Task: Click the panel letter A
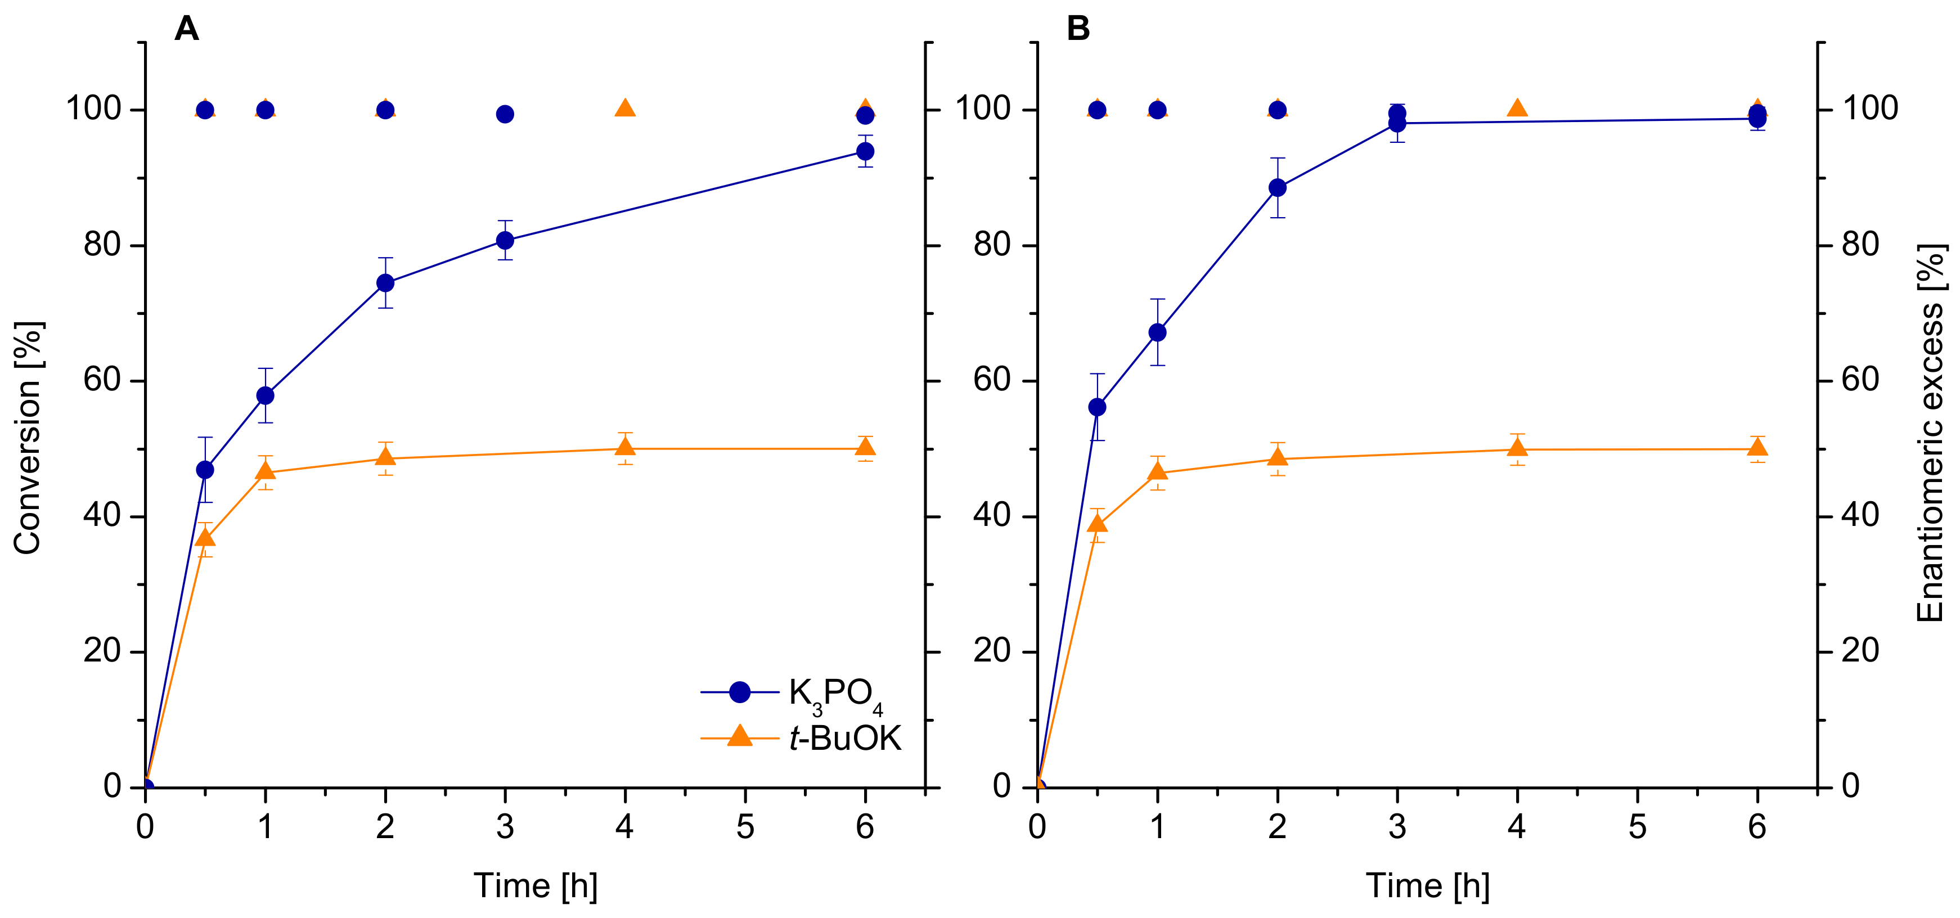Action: [186, 29]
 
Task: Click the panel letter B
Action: [1078, 29]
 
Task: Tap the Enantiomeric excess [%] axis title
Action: [1930, 434]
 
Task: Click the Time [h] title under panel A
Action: [536, 886]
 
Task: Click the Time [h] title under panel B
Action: [1427, 886]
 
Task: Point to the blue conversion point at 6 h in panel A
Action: [865, 151]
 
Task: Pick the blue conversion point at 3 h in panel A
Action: [505, 240]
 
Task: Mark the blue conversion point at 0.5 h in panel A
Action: [205, 470]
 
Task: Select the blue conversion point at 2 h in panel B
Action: [1278, 188]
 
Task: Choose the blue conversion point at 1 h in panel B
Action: [1157, 332]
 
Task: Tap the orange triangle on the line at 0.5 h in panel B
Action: [1097, 523]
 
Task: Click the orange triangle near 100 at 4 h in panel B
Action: [1517, 108]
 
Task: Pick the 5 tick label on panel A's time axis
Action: [745, 827]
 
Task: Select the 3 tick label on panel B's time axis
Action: [1397, 827]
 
